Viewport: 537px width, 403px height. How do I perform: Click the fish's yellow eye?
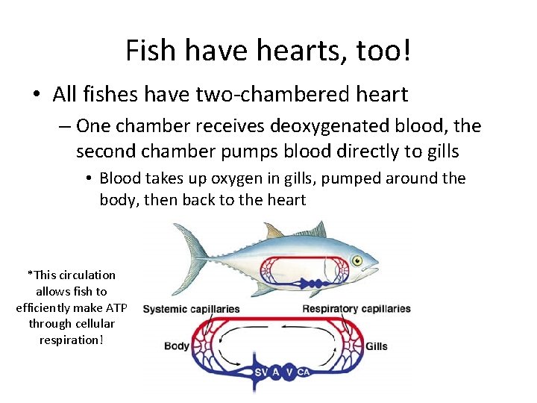[357, 260]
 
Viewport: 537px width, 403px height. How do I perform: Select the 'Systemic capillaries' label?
[191, 309]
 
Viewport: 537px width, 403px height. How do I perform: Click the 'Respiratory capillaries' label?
[357, 309]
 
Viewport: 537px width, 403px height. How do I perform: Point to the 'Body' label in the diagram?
[176, 346]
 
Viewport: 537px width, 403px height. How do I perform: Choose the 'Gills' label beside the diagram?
[376, 346]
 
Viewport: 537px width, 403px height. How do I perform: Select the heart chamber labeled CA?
[304, 372]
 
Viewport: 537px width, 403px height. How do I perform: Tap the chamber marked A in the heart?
[276, 372]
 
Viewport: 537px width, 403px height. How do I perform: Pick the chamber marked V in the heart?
[289, 372]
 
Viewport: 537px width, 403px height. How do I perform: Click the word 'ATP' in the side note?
[116, 307]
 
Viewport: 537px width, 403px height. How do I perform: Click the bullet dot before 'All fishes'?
[37, 96]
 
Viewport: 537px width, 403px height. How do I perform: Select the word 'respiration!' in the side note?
[72, 340]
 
